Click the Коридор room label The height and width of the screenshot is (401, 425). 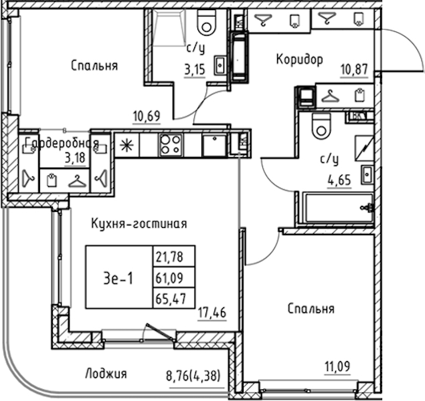point(299,60)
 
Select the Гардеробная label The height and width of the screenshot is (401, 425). point(62,143)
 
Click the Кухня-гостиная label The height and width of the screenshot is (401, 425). point(139,224)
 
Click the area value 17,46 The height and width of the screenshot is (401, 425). point(212,311)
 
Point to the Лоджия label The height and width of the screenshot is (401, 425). point(106,374)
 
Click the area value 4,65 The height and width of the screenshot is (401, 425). point(337,179)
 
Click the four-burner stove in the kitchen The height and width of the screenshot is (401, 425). point(171,145)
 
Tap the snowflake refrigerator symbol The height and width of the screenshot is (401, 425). point(125,145)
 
